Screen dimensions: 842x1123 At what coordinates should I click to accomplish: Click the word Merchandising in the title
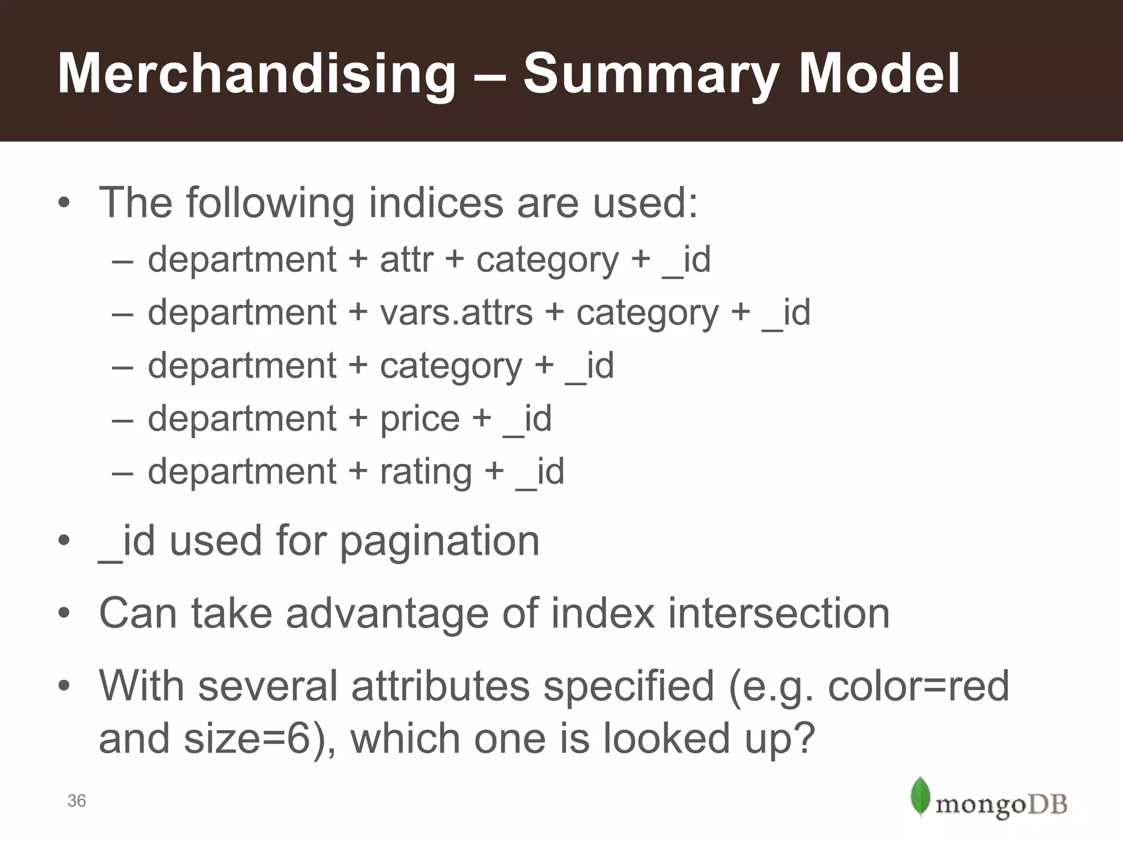257,75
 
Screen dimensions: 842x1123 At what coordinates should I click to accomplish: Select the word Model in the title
878,73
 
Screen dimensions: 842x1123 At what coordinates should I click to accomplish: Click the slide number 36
77,801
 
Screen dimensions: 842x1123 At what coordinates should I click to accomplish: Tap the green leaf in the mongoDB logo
920,797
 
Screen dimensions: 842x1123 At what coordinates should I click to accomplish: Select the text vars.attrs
456,312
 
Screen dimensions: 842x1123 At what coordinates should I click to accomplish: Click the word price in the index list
419,419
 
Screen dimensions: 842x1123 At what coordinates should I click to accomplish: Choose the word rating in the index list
426,472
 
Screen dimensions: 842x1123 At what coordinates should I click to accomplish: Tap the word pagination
439,542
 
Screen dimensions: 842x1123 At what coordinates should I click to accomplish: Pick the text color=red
918,686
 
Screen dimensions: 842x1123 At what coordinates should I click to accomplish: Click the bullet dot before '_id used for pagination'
64,542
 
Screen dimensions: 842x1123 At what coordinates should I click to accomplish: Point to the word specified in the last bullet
628,686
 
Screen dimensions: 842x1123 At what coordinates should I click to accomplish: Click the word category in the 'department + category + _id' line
451,366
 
